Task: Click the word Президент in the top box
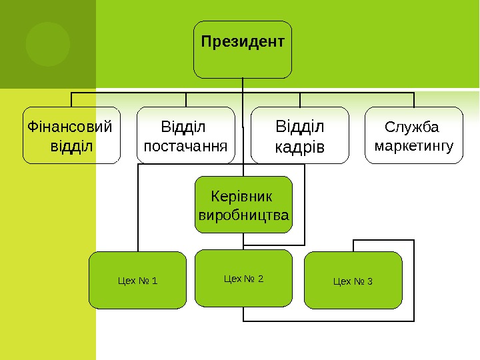pos(243,42)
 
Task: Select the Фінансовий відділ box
pos(71,135)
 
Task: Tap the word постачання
pos(186,145)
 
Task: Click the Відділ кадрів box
pos(300,135)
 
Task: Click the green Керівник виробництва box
pos(243,205)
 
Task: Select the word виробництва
pos(243,215)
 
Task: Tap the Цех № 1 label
pos(137,281)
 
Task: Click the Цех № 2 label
pos(243,279)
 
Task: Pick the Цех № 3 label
pos(353,281)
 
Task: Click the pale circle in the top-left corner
pos(47,44)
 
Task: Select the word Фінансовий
pos(69,126)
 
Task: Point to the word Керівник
pos(241,197)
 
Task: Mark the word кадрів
pos(300,146)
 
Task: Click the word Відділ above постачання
pos(185,126)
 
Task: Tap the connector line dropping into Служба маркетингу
pos(414,100)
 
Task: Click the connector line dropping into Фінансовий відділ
pos(72,100)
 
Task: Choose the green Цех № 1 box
pos(137,297)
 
